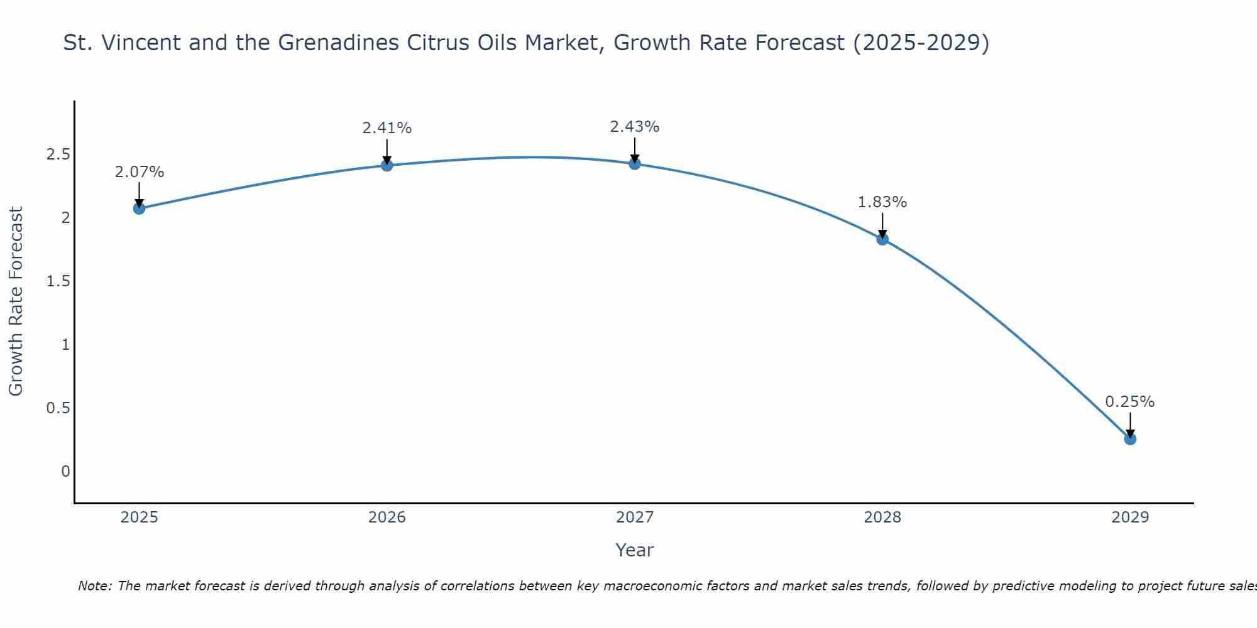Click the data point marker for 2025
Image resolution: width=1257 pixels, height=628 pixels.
coord(140,208)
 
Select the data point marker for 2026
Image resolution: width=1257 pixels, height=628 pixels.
coord(387,165)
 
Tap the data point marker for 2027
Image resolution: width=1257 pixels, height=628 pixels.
coord(635,164)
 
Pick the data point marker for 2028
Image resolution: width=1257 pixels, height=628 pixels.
coord(882,239)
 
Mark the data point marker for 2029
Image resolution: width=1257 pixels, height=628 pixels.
coord(1130,439)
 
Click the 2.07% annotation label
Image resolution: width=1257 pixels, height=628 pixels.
coord(140,172)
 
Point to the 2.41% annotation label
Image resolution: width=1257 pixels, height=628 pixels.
coord(387,128)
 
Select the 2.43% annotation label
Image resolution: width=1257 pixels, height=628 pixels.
coord(635,127)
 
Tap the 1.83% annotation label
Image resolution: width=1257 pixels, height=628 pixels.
coord(882,202)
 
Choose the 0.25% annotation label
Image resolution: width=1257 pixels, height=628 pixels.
coord(1130,402)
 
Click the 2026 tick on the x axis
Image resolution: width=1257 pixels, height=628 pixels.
coord(387,517)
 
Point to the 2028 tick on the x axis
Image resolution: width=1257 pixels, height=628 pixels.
coord(882,517)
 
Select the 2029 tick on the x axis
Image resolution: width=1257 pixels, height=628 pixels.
coord(1130,517)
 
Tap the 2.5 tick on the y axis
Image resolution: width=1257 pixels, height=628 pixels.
coord(58,154)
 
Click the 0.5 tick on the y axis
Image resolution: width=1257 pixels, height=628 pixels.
coord(58,408)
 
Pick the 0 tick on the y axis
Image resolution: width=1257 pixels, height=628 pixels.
coord(65,472)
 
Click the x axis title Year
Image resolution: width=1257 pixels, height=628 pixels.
coord(635,550)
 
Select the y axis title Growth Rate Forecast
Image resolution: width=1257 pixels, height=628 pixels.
coord(16,301)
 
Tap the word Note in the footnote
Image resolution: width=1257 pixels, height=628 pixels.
coord(94,586)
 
